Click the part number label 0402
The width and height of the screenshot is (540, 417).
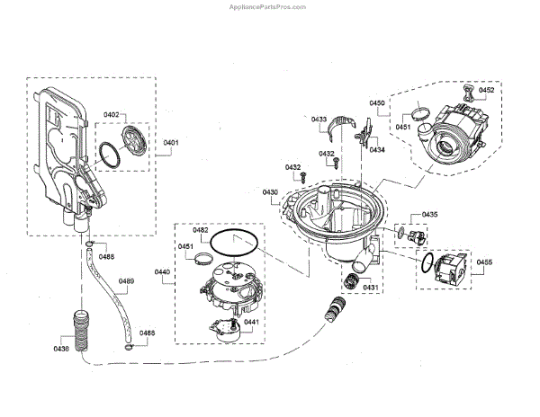pyautogui.click(x=136, y=115)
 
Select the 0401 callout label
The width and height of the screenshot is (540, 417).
pyautogui.click(x=171, y=142)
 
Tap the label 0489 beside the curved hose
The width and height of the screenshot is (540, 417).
pyautogui.click(x=126, y=282)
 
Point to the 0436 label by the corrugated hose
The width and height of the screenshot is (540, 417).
pyautogui.click(x=61, y=349)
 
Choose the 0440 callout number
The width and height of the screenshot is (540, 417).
pyautogui.click(x=163, y=271)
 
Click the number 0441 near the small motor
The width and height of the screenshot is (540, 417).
pyautogui.click(x=252, y=323)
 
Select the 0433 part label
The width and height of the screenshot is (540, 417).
pyautogui.click(x=319, y=120)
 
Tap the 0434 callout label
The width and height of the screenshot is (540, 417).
pyautogui.click(x=376, y=150)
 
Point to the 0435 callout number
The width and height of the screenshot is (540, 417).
pyautogui.click(x=430, y=215)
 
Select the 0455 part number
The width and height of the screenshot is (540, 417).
pyautogui.click(x=484, y=262)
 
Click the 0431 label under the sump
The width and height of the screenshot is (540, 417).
pyautogui.click(x=371, y=288)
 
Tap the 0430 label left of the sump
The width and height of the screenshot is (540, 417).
pyautogui.click(x=270, y=192)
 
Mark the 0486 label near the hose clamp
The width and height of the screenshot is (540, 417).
pyautogui.click(x=147, y=333)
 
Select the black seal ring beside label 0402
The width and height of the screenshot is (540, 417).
pyautogui.click(x=109, y=154)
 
